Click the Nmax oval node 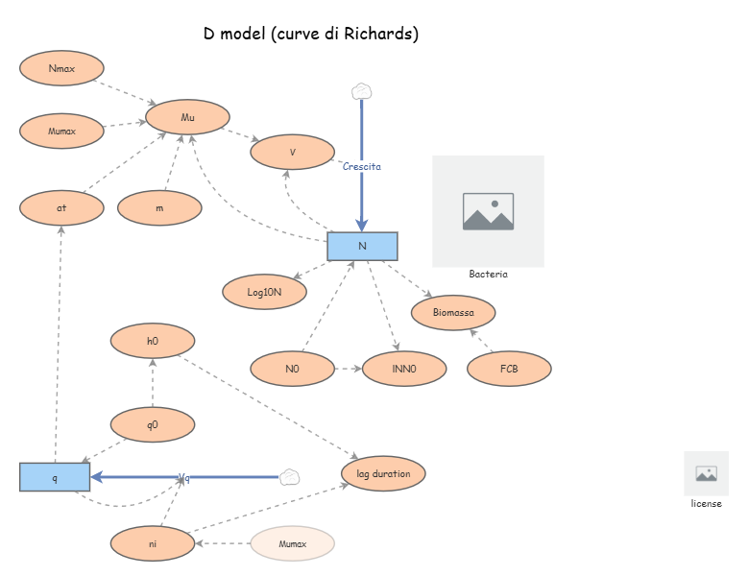click(x=61, y=68)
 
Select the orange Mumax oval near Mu click(x=61, y=130)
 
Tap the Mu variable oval click(x=187, y=117)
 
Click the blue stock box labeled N click(x=362, y=246)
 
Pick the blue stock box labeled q click(x=55, y=477)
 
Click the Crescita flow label click(x=362, y=166)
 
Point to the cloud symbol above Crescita click(x=361, y=92)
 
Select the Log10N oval click(x=264, y=291)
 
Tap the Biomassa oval click(x=453, y=312)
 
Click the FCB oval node click(x=509, y=369)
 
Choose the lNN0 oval click(x=404, y=369)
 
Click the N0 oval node click(x=292, y=369)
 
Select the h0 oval click(x=153, y=341)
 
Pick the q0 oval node click(x=153, y=424)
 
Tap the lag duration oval click(x=383, y=473)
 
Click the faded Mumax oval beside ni click(x=292, y=543)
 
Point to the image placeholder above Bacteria click(x=488, y=211)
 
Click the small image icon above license click(x=706, y=473)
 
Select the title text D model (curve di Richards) click(x=311, y=34)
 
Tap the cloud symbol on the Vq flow click(x=290, y=477)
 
